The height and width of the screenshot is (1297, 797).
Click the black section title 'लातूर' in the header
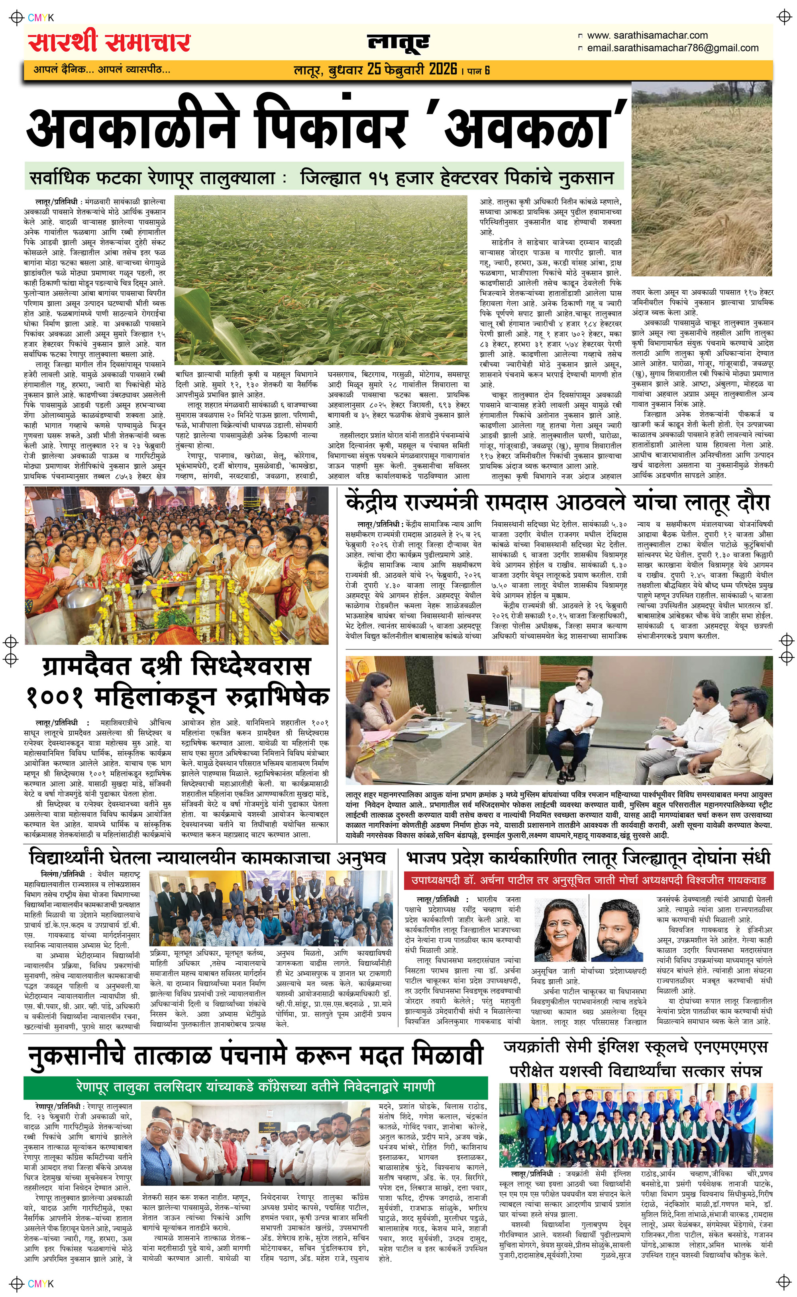(398, 43)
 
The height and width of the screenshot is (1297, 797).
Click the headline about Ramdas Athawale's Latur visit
(558, 502)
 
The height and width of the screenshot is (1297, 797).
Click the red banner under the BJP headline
(589, 880)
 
